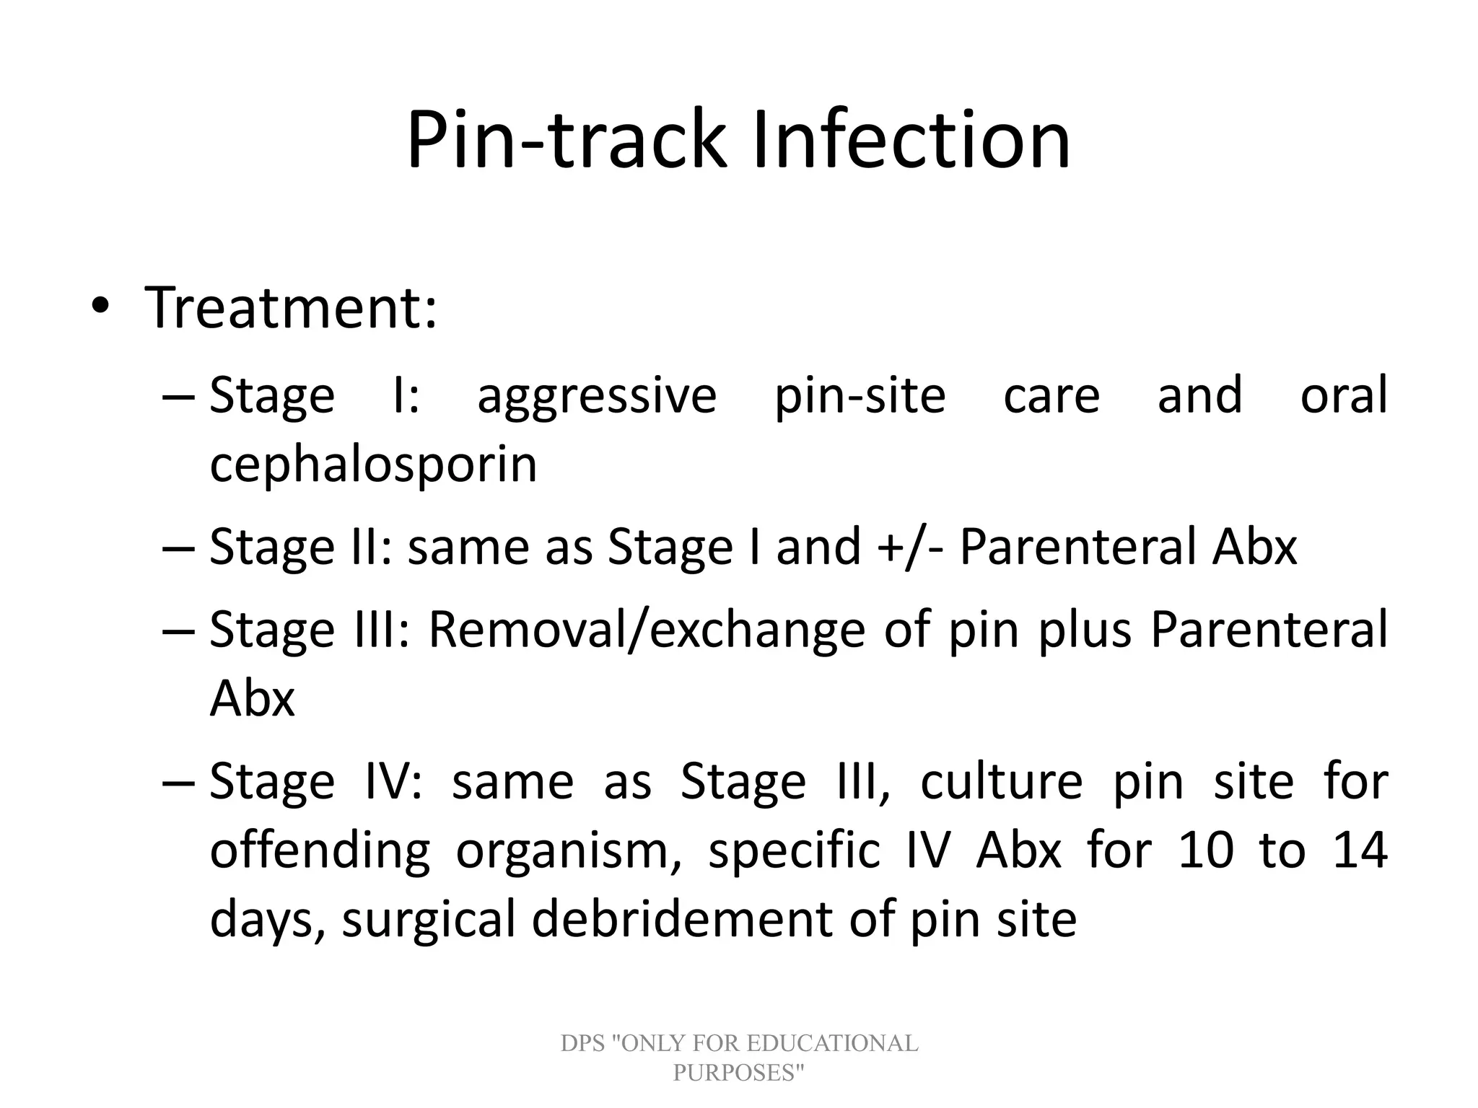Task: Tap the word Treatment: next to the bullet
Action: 291,308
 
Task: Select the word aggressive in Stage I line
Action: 597,396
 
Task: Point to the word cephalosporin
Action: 373,464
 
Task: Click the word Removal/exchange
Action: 647,630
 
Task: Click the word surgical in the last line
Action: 429,920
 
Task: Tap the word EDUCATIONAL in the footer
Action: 832,1043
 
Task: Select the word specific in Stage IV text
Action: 794,851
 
